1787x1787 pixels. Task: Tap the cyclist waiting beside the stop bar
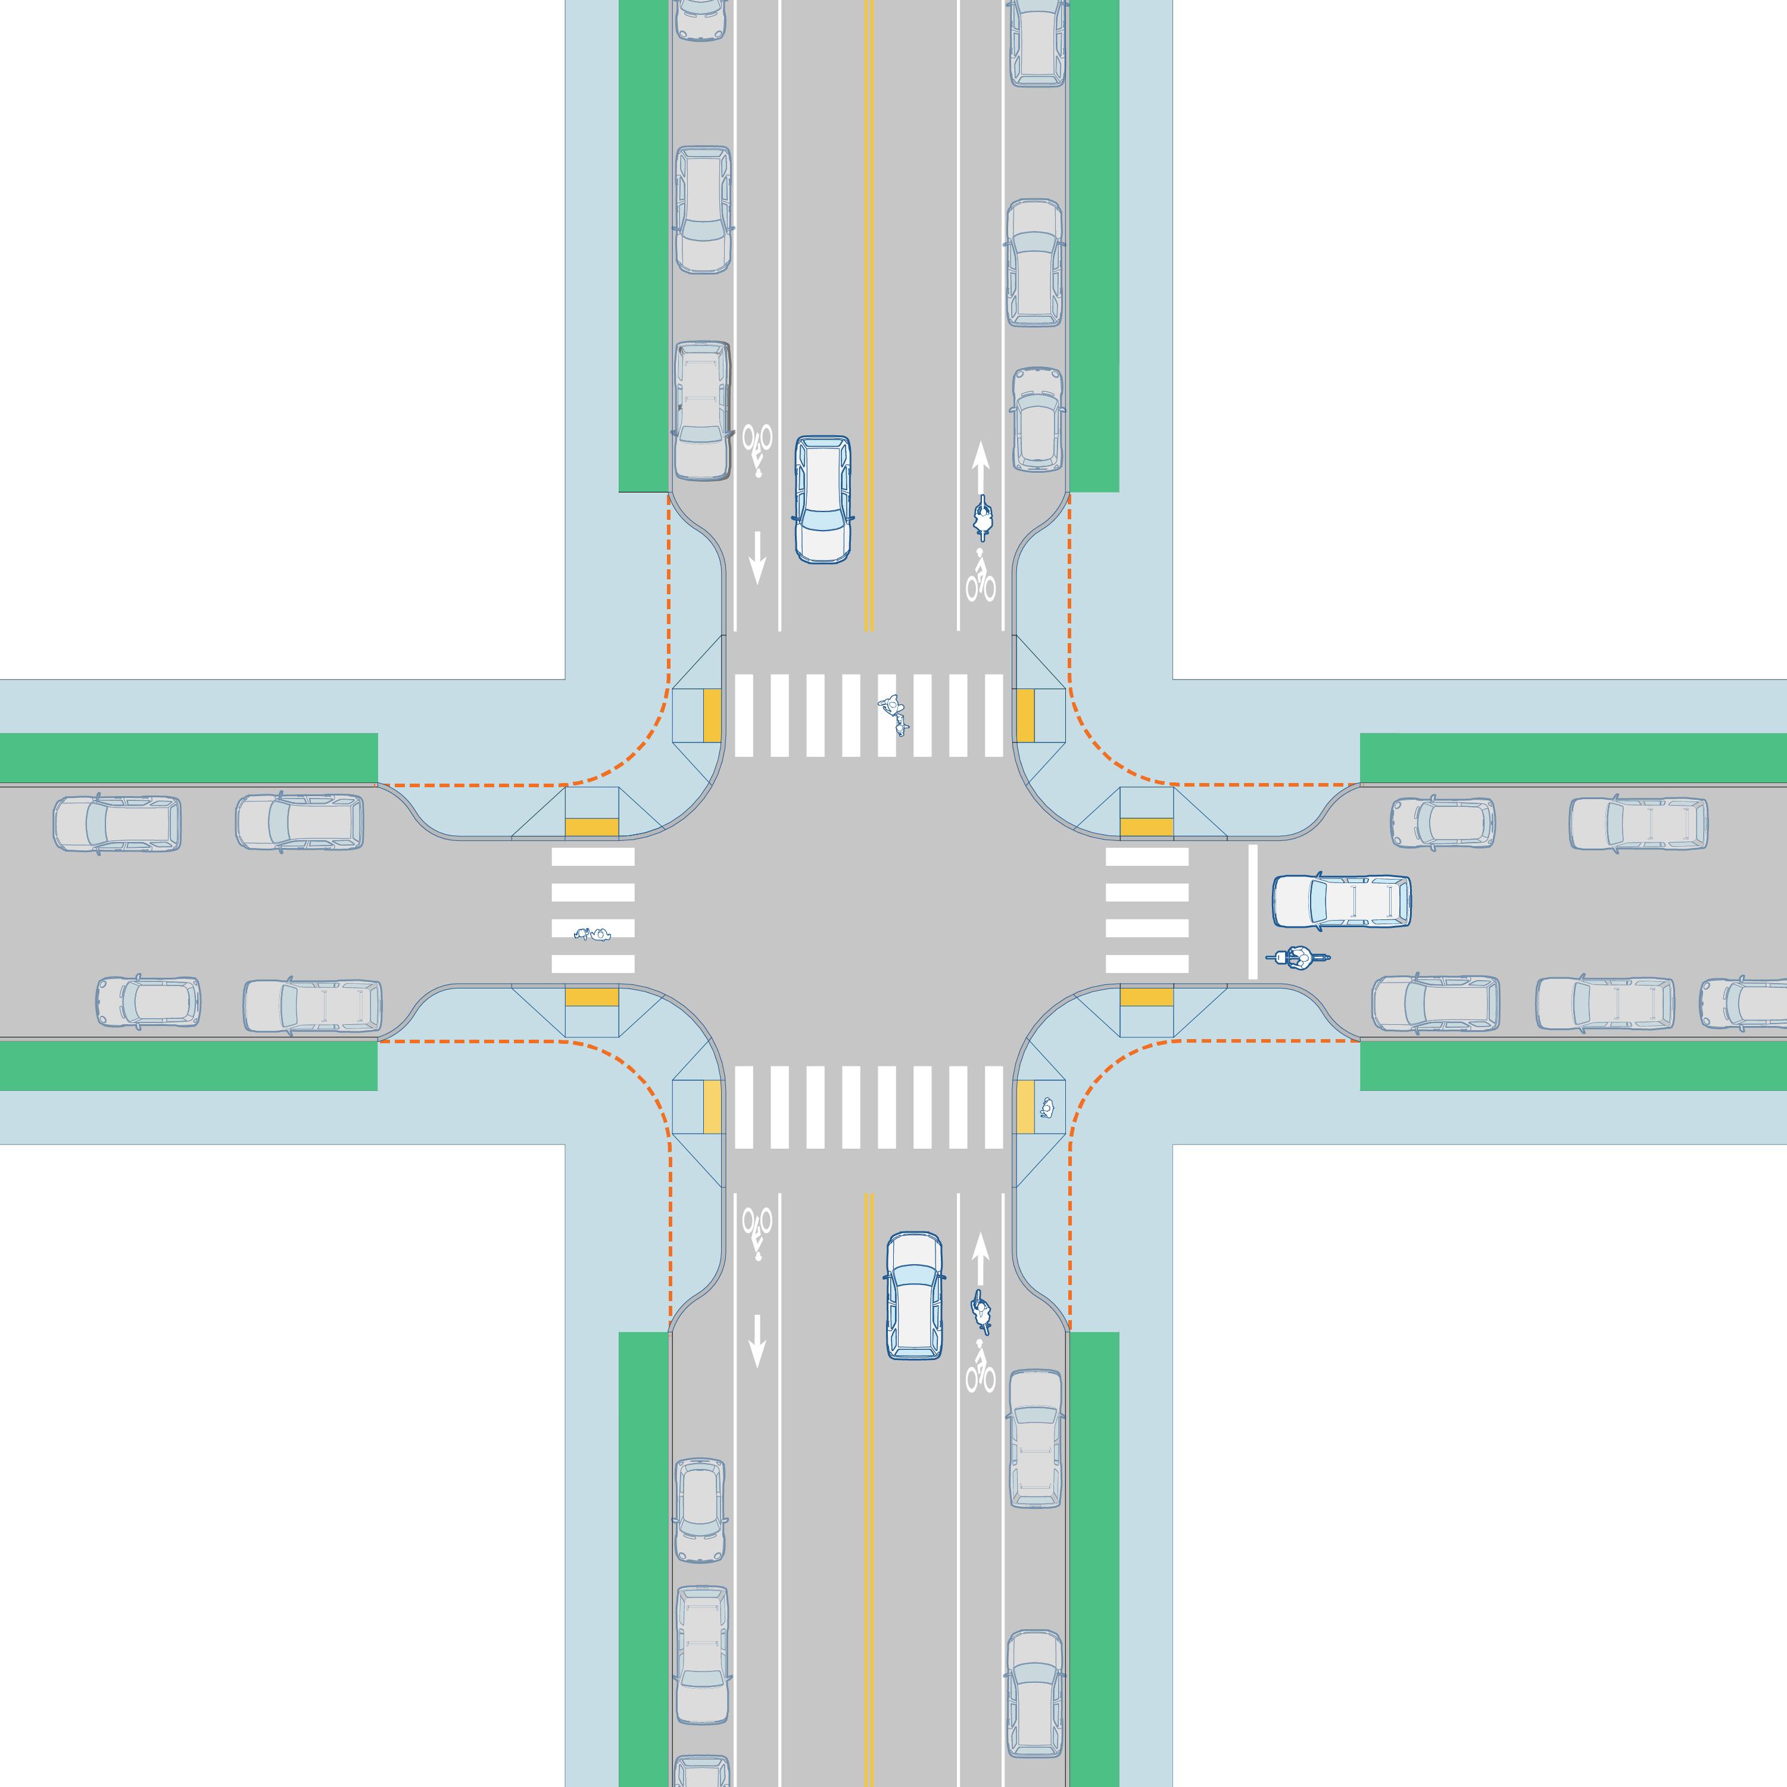coord(1299,958)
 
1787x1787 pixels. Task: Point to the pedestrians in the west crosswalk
coord(593,934)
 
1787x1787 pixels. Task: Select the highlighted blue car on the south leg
coord(915,1295)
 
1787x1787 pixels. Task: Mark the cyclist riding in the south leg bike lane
coord(981,1311)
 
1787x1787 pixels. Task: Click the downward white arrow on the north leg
coord(757,557)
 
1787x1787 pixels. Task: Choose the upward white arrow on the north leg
coord(981,467)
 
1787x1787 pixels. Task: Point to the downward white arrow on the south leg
coord(757,1341)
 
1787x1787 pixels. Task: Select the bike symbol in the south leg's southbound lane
coord(757,1233)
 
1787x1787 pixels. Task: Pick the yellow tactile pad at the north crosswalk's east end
coord(1025,715)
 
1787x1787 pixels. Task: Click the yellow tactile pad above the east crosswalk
coord(1146,825)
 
